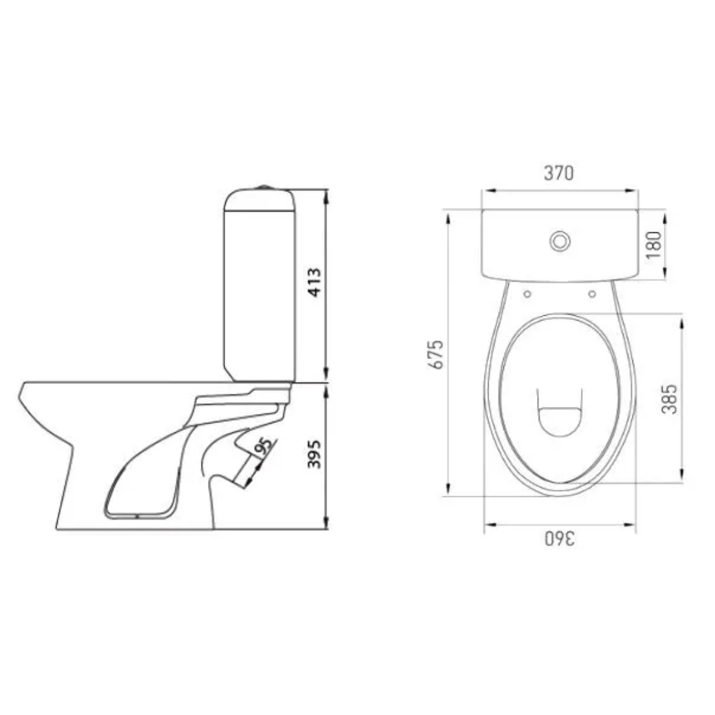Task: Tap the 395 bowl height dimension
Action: tap(315, 454)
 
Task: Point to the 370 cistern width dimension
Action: tap(558, 173)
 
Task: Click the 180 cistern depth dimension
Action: tap(654, 245)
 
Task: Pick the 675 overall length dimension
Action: tap(436, 354)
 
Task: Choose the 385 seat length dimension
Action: tap(669, 399)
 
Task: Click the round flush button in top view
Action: tap(560, 242)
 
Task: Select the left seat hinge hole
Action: tap(527, 294)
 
